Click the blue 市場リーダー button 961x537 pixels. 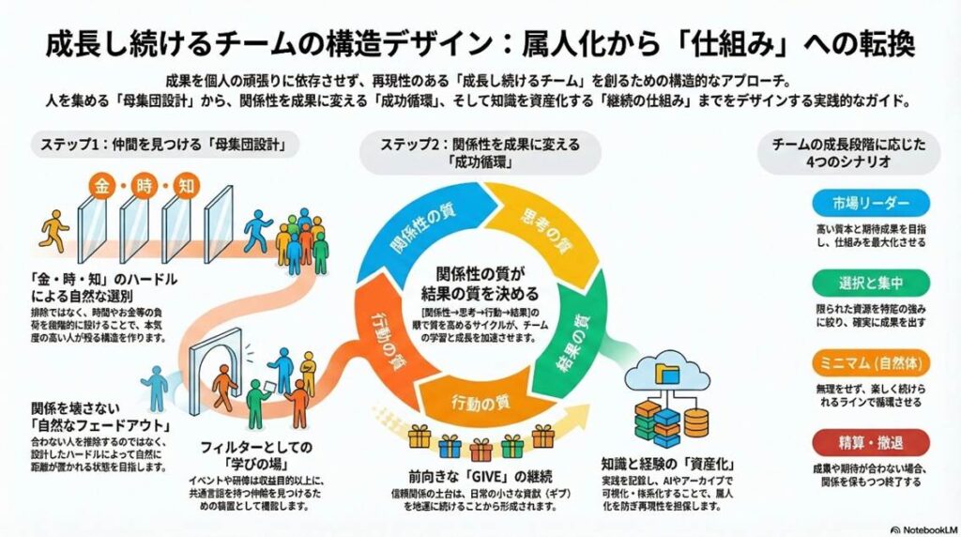point(869,203)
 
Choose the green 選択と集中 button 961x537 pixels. point(869,283)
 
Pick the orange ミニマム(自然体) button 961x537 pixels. point(869,361)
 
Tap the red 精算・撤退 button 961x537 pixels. point(869,440)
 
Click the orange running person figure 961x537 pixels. point(56,228)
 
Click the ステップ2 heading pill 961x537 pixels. point(480,152)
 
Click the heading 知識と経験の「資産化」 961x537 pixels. point(666,463)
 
